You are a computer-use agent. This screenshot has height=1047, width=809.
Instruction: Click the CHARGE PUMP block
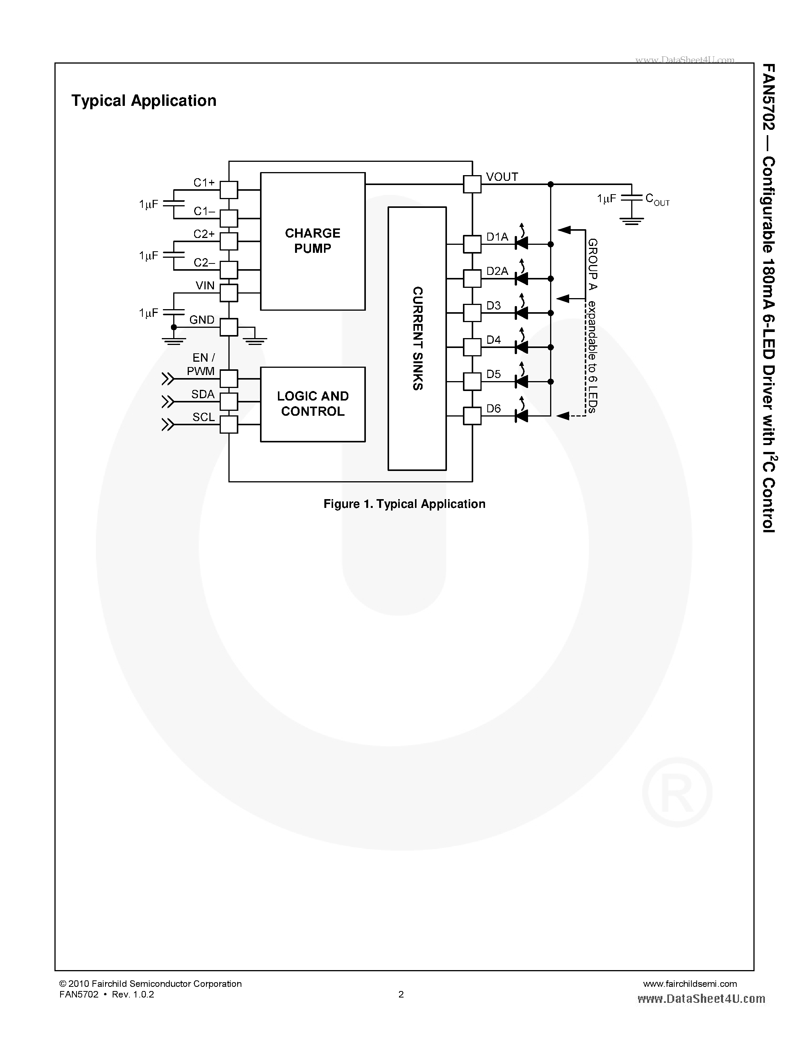(313, 241)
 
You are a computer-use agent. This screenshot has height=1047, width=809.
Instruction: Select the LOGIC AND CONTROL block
(313, 404)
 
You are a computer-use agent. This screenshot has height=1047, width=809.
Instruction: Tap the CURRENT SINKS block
(417, 338)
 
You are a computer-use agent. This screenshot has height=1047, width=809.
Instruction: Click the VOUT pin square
(472, 184)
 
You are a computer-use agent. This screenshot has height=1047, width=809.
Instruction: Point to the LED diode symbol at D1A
(521, 244)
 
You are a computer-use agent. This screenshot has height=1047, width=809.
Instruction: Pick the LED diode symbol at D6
(521, 416)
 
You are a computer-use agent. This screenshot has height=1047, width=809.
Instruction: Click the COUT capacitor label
(657, 199)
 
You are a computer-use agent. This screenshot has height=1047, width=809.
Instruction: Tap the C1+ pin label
(204, 183)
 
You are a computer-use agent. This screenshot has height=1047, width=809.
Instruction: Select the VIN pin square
(228, 292)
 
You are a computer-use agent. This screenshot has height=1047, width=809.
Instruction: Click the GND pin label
(202, 320)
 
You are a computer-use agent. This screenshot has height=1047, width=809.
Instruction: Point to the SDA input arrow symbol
(168, 401)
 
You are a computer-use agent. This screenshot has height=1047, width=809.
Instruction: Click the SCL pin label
(203, 417)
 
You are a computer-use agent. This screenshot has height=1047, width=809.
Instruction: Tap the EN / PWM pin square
(228, 379)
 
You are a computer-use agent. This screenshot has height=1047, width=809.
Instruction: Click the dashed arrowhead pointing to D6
(563, 416)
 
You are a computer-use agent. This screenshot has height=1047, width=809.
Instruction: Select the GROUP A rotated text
(592, 264)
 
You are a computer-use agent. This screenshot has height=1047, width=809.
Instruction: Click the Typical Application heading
(144, 101)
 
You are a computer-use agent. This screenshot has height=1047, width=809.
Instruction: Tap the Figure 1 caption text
(404, 504)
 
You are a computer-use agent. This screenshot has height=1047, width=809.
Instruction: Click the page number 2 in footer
(401, 994)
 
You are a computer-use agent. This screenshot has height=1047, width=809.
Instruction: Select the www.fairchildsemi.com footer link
(690, 984)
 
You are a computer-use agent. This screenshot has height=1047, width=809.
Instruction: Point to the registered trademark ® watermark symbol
(677, 792)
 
